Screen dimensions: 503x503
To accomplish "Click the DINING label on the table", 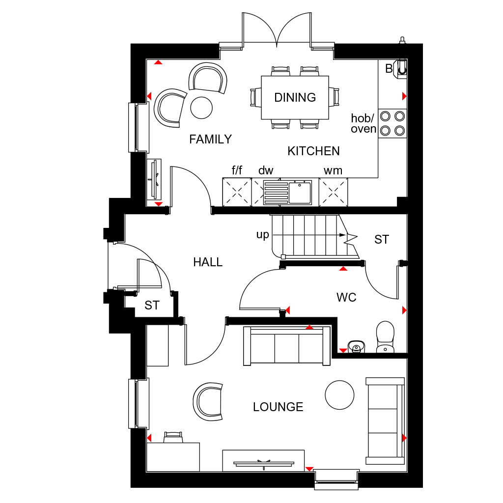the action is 295,98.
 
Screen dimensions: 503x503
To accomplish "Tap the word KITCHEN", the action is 313,151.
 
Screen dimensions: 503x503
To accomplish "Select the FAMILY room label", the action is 210,139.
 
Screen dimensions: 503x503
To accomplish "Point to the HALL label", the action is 208,262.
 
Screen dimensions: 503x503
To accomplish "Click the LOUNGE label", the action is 278,407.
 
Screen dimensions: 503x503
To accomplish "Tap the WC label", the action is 346,297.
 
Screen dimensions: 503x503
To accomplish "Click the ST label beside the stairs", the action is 382,239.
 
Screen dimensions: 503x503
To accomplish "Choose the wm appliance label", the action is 333,170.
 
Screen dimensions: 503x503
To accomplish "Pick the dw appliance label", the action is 266,170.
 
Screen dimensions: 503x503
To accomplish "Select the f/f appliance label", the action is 237,170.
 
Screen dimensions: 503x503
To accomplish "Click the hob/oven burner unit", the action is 392,123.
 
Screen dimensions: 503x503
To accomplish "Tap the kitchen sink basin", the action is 300,193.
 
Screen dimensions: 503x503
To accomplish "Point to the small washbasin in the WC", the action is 356,346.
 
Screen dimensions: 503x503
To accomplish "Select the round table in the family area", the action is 201,108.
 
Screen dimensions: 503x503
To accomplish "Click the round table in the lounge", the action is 339,395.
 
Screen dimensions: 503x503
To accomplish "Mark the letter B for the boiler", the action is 389,69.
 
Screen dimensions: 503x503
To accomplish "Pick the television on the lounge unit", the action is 264,464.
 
